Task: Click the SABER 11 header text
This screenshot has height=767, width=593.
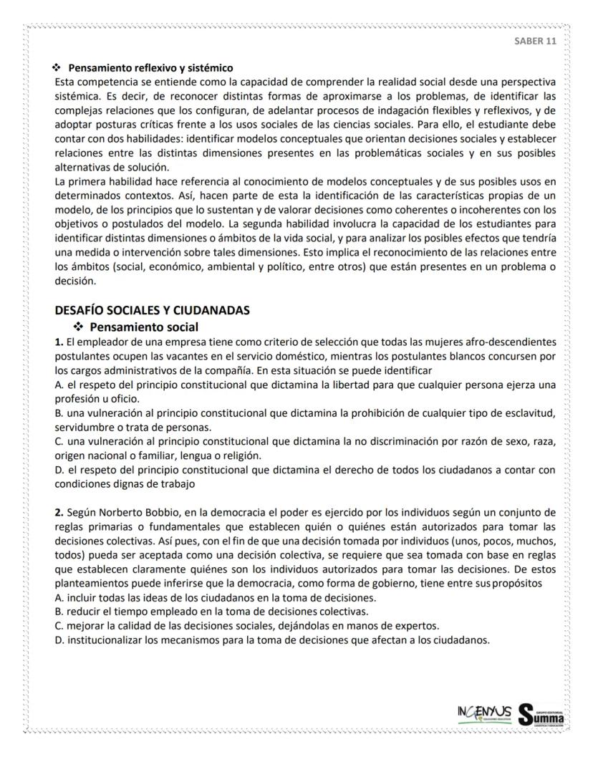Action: click(x=535, y=40)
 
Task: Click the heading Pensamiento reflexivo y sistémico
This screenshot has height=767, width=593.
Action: click(x=150, y=69)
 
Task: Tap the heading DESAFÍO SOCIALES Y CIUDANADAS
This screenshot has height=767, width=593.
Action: click(x=153, y=310)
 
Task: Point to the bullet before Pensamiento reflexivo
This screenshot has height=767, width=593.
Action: click(x=57, y=69)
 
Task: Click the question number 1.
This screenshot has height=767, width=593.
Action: click(x=59, y=341)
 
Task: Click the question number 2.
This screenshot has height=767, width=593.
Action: click(x=59, y=513)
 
